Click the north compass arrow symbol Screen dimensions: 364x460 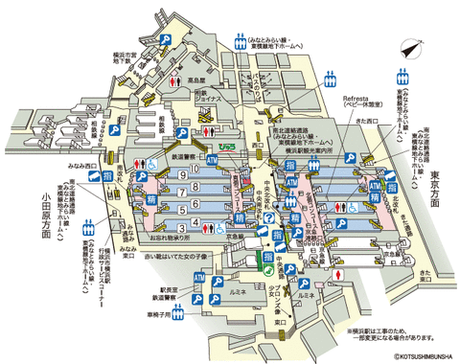coord(411,48)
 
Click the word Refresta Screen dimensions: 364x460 coord(356,95)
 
